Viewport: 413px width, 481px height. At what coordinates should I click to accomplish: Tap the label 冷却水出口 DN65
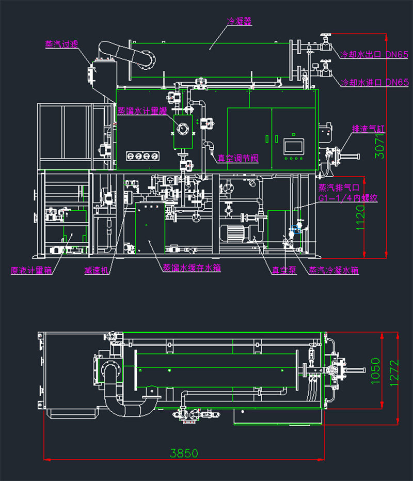[374, 54]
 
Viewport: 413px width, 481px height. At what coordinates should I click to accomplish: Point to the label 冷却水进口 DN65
[374, 82]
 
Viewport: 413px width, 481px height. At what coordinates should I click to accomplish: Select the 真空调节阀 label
[237, 159]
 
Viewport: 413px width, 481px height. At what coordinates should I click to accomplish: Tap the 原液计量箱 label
[31, 270]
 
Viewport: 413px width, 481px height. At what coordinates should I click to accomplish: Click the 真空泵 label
[284, 270]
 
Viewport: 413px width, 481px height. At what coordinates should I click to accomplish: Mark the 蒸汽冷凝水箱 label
[333, 270]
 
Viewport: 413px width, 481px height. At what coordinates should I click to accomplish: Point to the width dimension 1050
[375, 371]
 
